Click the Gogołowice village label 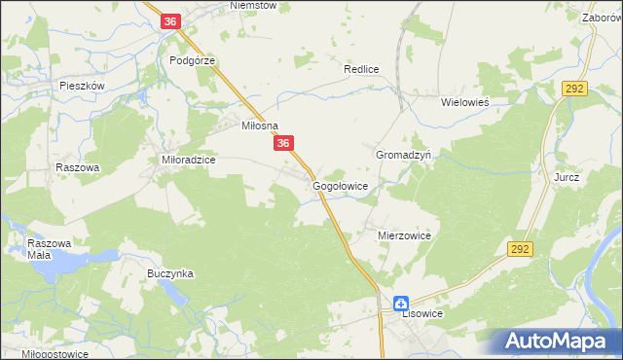tap(340, 185)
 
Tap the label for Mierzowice tap(404, 235)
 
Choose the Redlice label tap(360, 70)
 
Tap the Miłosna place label tap(260, 126)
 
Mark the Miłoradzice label tap(187, 159)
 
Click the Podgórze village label tap(191, 59)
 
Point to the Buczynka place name tap(170, 274)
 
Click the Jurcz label tap(567, 178)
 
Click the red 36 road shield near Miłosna tap(283, 144)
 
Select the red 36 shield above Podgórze tap(170, 21)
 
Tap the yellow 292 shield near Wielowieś tap(572, 89)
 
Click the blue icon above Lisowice tap(400, 303)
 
